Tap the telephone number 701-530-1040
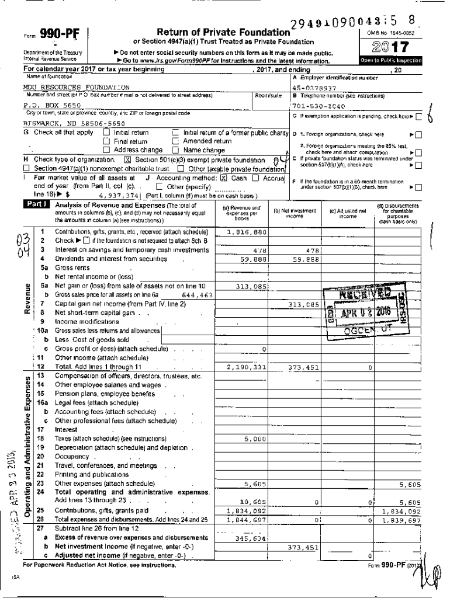click(318, 106)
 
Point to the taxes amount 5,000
click(255, 439)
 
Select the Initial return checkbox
click(106, 133)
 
